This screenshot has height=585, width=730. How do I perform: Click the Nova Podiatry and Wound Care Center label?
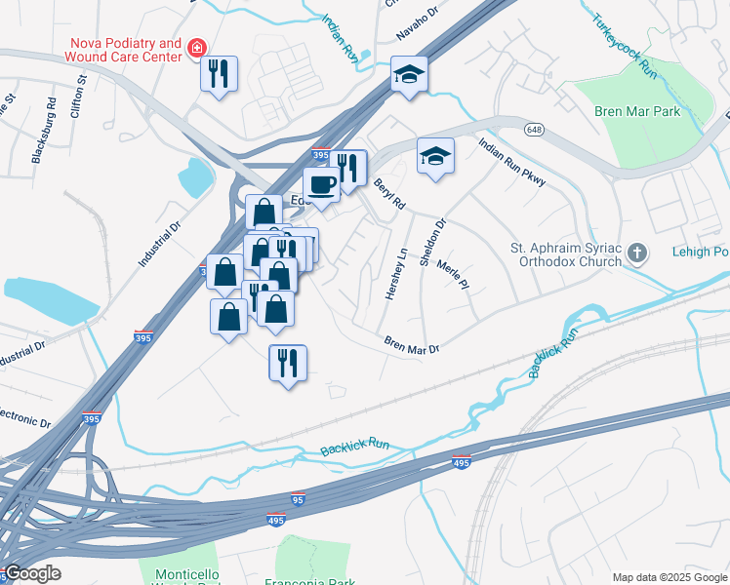pyautogui.click(x=125, y=50)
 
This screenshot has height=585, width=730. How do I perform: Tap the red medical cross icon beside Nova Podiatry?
pyautogui.click(x=197, y=48)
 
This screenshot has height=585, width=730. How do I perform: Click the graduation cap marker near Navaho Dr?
pyautogui.click(x=409, y=74)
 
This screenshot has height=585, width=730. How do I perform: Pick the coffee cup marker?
pyautogui.click(x=321, y=184)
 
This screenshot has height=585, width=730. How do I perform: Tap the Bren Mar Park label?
pyautogui.click(x=637, y=112)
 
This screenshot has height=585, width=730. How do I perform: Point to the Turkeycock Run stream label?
pyautogui.click(x=621, y=45)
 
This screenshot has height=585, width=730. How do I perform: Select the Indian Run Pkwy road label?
pyautogui.click(x=511, y=162)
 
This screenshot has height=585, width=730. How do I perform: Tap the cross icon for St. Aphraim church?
pyautogui.click(x=636, y=254)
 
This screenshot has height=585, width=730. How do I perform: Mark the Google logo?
pyautogui.click(x=31, y=573)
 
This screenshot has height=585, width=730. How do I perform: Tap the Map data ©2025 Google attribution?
pyautogui.click(x=669, y=577)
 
